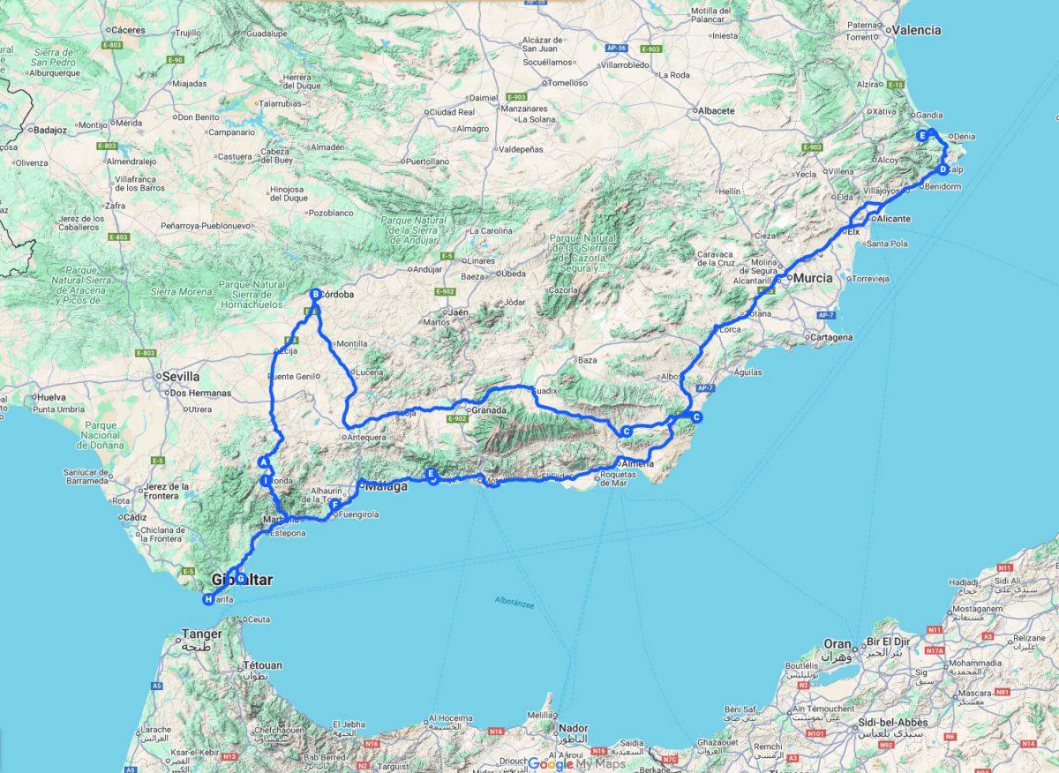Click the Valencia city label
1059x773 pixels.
[917, 30]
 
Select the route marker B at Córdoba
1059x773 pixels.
[315, 295]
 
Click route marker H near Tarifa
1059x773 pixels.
[208, 600]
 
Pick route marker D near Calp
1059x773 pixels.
[943, 169]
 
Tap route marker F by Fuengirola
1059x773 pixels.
[335, 505]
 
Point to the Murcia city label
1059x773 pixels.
[813, 278]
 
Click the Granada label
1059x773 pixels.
[489, 410]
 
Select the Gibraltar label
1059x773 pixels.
[243, 581]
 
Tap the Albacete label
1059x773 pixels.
[717, 111]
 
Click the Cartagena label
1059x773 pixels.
[833, 337]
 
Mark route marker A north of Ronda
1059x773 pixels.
[263, 462]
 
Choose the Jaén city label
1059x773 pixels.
[457, 312]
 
